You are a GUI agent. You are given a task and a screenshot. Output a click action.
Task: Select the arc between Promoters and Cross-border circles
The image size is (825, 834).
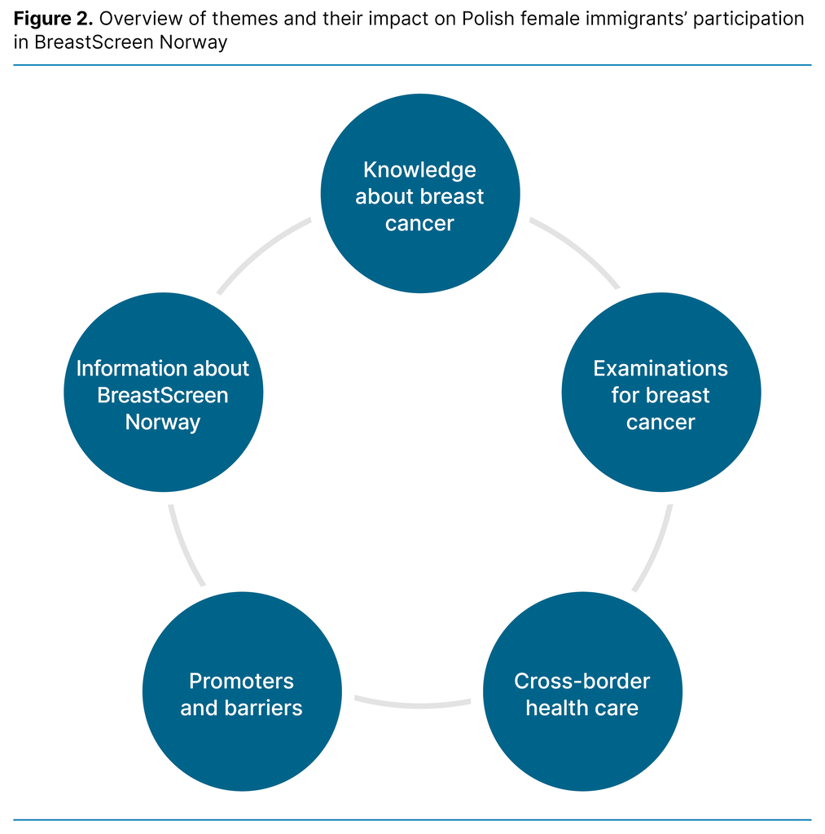[412, 702]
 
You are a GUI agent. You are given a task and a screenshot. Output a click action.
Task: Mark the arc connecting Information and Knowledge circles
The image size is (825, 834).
[261, 250]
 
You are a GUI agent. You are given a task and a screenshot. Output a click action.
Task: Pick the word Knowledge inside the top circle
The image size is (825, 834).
[419, 170]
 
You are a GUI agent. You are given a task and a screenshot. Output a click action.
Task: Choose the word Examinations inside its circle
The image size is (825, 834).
[660, 368]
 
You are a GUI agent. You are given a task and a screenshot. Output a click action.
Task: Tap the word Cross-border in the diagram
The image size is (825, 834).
[581, 681]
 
